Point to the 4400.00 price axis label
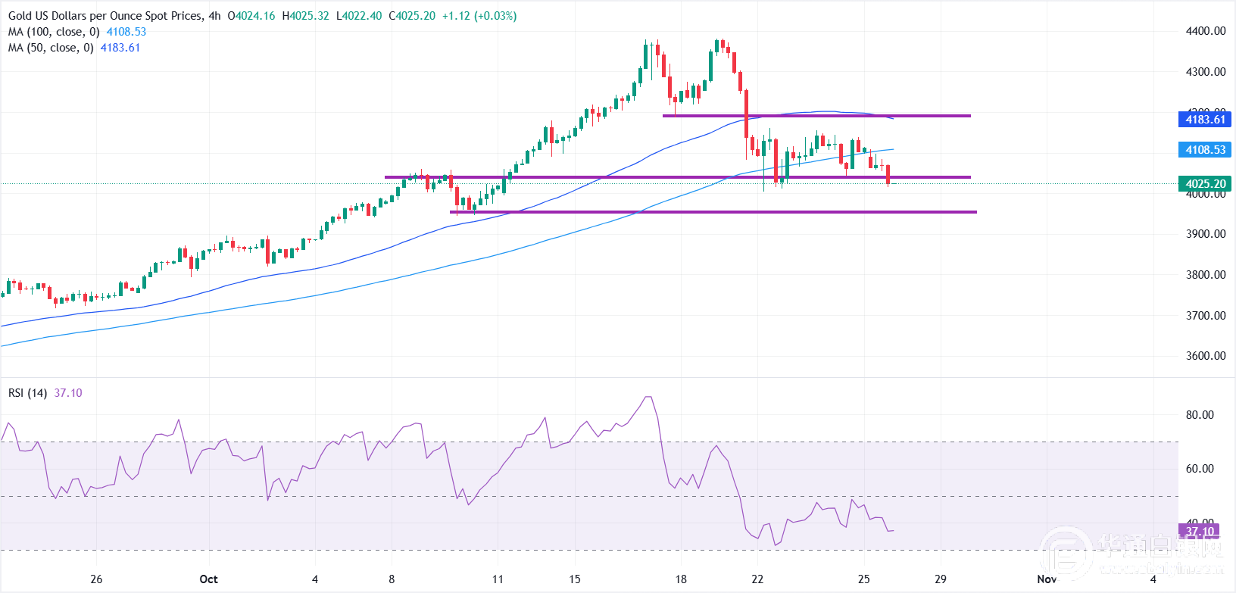[x=1206, y=31]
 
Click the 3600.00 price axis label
[x=1206, y=356]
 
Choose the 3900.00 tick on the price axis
[x=1206, y=234]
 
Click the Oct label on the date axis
[x=208, y=579]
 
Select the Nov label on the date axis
[x=1047, y=579]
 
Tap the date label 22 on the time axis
[x=757, y=579]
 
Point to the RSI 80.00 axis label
[x=1200, y=415]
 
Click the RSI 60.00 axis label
[x=1200, y=469]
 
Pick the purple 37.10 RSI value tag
[x=1200, y=531]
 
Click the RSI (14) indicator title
[x=28, y=393]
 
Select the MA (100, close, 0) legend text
[x=54, y=32]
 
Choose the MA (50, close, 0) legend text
[x=51, y=48]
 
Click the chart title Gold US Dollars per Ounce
[x=105, y=16]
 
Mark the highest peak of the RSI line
[x=648, y=397]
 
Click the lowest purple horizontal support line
[x=712, y=212]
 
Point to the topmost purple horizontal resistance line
[x=816, y=116]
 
